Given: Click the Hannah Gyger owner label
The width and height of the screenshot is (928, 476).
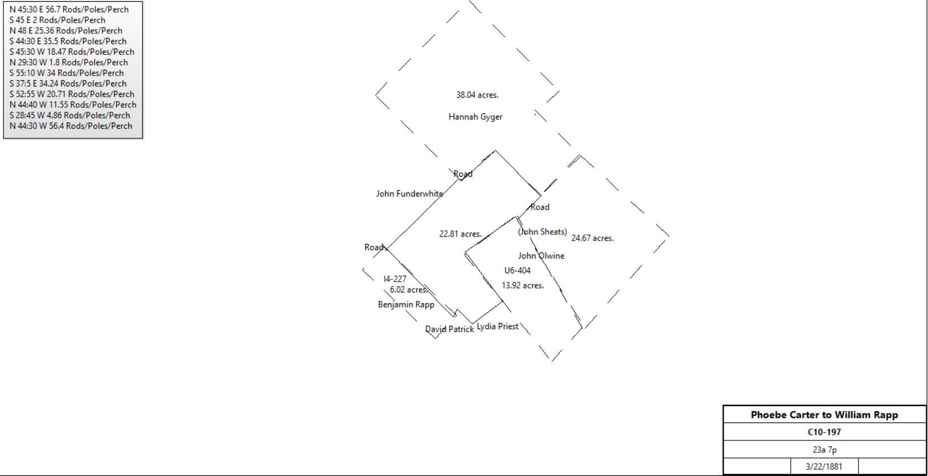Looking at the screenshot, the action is [475, 117].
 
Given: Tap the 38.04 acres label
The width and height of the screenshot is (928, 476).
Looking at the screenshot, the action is [477, 95].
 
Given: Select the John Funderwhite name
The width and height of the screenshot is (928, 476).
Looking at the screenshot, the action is [409, 194].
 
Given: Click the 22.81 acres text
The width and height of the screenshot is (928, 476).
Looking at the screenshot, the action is [460, 234].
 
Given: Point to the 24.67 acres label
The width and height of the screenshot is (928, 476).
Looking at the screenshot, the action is [592, 238].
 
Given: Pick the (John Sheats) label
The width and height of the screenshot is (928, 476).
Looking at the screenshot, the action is [542, 232].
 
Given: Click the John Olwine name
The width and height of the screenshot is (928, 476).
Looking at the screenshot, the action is [541, 256].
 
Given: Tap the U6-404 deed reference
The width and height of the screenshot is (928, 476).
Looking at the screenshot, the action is [517, 270].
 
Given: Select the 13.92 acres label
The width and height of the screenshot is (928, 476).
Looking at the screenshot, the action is [522, 286].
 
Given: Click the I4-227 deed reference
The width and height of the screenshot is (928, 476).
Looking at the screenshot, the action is [395, 279].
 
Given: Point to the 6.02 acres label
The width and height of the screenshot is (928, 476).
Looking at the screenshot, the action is [408, 290].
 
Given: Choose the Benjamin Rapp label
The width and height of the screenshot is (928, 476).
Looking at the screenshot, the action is [406, 304].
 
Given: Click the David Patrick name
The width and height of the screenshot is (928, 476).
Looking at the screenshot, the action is [450, 329].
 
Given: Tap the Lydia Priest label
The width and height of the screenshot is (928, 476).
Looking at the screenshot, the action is [498, 326].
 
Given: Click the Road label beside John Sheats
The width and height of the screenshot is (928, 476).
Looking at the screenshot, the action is [540, 207].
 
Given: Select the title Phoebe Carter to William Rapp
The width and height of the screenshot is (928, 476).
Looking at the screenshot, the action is [825, 414].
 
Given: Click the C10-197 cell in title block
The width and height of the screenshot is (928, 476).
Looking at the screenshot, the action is [825, 432].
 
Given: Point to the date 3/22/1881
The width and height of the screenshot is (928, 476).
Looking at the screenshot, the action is [824, 466].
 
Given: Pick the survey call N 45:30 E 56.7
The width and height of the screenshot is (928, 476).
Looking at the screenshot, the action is [69, 10].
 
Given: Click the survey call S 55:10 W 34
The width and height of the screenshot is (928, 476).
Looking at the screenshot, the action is [67, 73].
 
